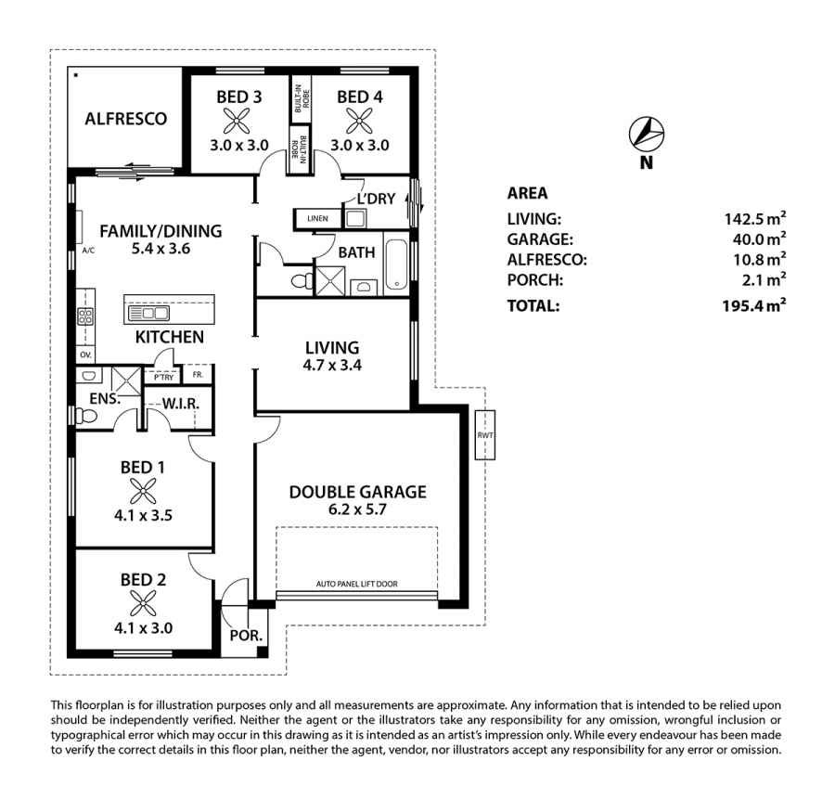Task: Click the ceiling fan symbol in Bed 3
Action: coord(237,121)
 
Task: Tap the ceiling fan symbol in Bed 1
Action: coord(143,491)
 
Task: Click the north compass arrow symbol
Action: coord(647,133)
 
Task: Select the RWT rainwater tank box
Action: coord(485,434)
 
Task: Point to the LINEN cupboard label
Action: coord(317,218)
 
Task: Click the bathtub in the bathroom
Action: coord(396,264)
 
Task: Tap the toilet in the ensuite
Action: coord(85,415)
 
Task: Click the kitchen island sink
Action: coord(148,313)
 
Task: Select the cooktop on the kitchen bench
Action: coord(85,316)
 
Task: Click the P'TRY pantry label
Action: coord(164,377)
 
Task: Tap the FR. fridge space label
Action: coord(198,374)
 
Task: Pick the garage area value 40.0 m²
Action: coord(759,238)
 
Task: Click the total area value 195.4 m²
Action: coord(754,305)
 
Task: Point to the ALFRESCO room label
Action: coord(125,118)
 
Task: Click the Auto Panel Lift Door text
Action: coord(357,584)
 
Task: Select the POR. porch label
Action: coord(246,636)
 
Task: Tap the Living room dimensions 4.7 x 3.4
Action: coord(332,366)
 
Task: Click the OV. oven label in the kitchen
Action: coord(85,354)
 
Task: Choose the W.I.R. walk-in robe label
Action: coord(181,404)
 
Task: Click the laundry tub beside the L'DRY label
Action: coord(355,218)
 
